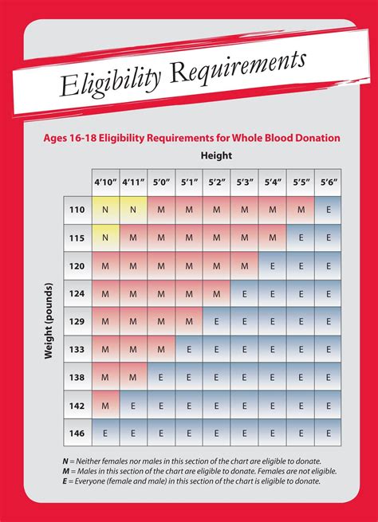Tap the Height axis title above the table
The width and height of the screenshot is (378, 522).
216,155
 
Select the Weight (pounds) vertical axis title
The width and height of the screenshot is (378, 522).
49,320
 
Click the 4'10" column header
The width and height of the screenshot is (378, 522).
105,182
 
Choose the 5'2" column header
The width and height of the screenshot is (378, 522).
216,182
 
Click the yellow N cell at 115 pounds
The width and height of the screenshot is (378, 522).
105,237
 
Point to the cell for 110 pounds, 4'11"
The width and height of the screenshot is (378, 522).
133,210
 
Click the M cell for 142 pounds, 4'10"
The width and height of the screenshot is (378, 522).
105,405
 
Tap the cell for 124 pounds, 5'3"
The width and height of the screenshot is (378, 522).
244,293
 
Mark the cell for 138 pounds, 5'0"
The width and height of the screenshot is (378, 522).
161,377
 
